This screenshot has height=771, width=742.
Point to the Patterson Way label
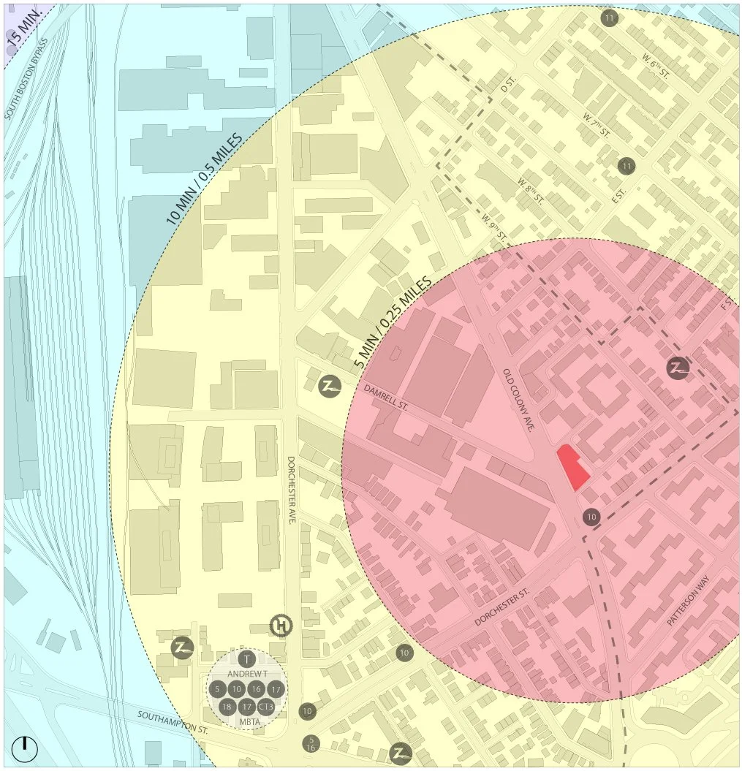click(x=688, y=601)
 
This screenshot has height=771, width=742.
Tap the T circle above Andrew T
click(x=247, y=658)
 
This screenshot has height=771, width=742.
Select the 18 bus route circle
click(x=227, y=706)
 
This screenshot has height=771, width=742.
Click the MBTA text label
click(x=247, y=722)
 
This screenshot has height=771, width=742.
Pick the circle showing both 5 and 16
click(x=311, y=743)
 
